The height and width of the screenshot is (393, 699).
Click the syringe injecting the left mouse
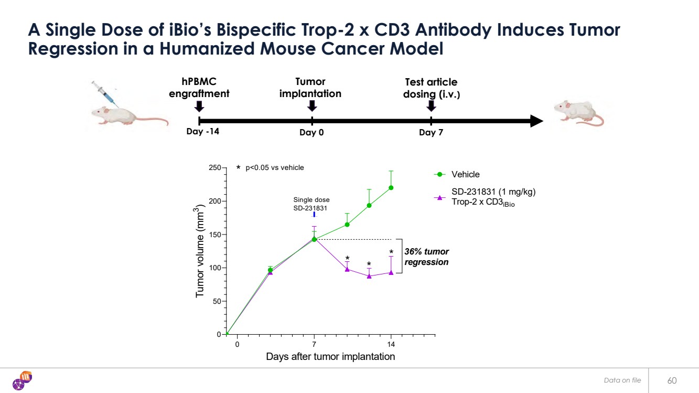coord(103,93)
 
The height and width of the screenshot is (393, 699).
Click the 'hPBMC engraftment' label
coord(199,88)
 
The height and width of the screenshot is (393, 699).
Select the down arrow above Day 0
coord(312,106)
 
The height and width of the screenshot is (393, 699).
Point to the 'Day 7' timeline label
coord(431,133)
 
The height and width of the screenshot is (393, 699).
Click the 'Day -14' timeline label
coord(202,132)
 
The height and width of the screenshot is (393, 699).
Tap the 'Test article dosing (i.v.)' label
coord(431,88)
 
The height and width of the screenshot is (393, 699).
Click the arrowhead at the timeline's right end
coord(536,121)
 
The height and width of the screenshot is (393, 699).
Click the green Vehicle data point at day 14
coord(391,188)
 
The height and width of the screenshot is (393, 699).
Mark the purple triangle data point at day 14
coord(391,272)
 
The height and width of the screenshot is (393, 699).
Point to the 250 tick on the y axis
coord(216,168)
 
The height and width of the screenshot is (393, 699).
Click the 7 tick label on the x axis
coord(314,344)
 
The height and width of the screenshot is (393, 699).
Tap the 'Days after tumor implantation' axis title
coord(330,357)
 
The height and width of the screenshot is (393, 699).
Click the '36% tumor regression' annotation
coord(426,257)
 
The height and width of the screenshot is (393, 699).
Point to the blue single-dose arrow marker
coord(314,215)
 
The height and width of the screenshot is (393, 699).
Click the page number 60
coord(672,380)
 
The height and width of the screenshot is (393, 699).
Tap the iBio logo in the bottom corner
coord(22,380)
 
